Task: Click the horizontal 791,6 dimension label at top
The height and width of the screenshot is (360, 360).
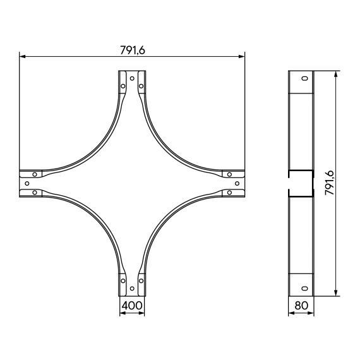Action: click(133, 51)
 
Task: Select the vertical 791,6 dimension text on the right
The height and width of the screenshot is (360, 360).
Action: click(330, 183)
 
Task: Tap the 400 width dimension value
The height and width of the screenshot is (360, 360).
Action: click(132, 305)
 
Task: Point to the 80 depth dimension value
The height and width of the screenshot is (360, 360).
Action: click(301, 305)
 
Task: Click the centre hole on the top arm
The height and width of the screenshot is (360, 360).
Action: click(132, 78)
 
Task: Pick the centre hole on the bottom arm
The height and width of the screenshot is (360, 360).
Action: click(132, 289)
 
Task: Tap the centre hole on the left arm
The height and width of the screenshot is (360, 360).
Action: click(27, 183)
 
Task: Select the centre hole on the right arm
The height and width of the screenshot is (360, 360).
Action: click(237, 183)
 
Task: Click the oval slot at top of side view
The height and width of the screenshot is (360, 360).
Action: click(304, 78)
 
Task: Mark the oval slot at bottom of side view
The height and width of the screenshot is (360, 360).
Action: click(304, 289)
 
